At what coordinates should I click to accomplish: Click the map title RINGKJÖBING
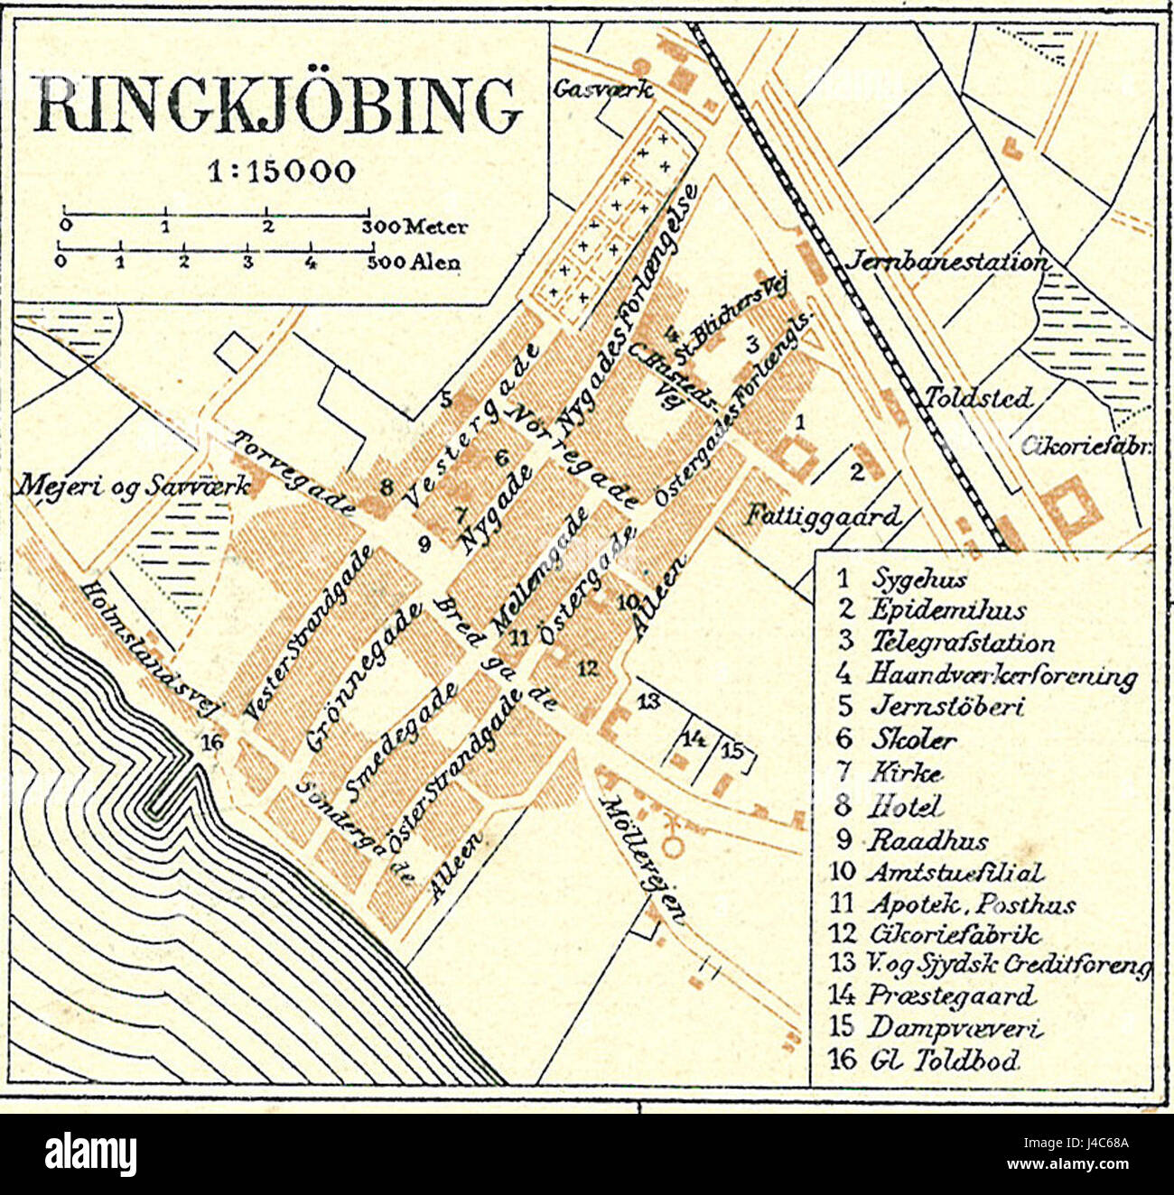(277, 107)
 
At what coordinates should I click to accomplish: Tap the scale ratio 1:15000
(281, 171)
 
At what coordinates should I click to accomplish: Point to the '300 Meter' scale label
(415, 227)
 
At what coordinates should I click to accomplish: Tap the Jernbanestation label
(946, 262)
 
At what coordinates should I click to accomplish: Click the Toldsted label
(977, 398)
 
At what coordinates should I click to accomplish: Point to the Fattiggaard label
(823, 515)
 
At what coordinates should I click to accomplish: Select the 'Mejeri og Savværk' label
(132, 486)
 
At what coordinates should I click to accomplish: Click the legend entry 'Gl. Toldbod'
(944, 1060)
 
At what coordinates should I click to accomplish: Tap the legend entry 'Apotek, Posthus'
(971, 903)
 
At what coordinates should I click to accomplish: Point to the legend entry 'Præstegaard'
(951, 996)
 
